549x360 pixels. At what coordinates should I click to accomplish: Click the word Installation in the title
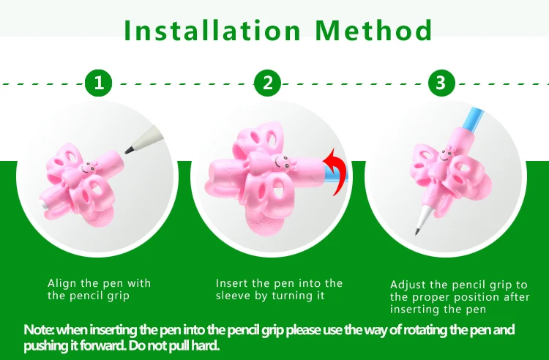tap(212, 31)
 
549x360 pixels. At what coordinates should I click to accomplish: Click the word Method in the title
tap(373, 31)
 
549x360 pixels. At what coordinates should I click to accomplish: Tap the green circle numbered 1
tap(99, 83)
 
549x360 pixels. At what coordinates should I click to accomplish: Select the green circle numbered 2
tap(267, 83)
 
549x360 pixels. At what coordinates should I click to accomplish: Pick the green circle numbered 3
tap(441, 83)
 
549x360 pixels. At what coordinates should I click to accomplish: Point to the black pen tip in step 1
tap(129, 151)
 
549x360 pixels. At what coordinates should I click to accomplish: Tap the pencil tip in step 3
tap(417, 232)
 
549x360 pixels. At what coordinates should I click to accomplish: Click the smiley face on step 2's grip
tap(281, 162)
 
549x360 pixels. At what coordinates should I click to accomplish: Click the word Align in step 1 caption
tap(62, 283)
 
